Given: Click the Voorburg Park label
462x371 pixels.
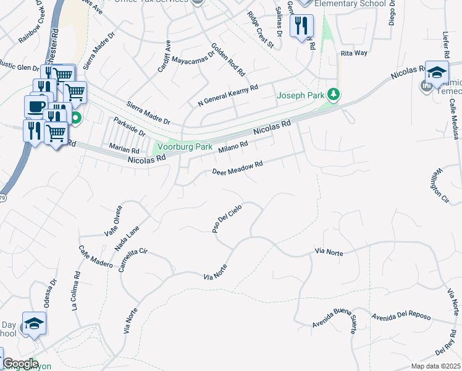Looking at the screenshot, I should pyautogui.click(x=184, y=147).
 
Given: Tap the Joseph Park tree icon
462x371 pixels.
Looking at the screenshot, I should pyautogui.click(x=334, y=95).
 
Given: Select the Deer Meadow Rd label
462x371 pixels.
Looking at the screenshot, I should pyautogui.click(x=238, y=168).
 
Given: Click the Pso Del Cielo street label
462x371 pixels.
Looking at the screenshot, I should pyautogui.click(x=225, y=220).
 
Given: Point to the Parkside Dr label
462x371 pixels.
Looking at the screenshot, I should pyautogui.click(x=129, y=127).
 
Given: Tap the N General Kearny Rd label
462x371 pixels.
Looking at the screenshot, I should pyautogui.click(x=227, y=96).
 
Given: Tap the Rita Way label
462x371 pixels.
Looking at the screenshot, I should pyautogui.click(x=354, y=54).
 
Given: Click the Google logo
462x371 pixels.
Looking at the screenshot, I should pyautogui.click(x=20, y=364).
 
